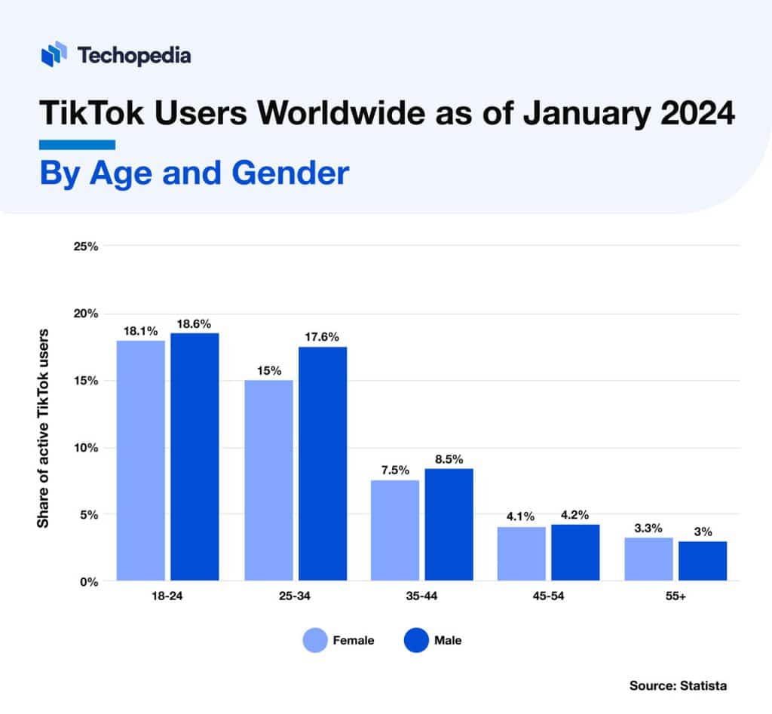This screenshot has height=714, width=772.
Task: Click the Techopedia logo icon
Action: pos(55,55)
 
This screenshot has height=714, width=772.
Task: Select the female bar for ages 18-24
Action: pos(141,461)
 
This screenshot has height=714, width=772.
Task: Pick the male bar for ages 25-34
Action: pos(323,464)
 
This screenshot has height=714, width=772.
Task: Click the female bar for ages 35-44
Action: pos(395,531)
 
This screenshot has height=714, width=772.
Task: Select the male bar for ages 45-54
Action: pos(575,553)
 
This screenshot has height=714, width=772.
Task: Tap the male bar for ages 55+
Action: pos(703,561)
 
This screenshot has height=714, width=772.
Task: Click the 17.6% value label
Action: pos(322,337)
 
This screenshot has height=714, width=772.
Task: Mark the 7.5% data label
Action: pos(394,470)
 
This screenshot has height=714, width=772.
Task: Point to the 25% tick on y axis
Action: pos(85,247)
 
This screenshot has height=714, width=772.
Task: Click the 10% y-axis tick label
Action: pos(85,448)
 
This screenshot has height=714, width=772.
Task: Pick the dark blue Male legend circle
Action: pos(415,641)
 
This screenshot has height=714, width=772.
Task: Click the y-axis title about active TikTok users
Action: pos(44,427)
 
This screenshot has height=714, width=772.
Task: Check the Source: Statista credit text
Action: pos(678,685)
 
